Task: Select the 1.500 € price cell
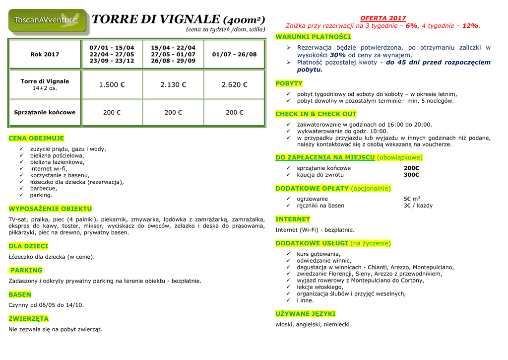[x=112, y=85]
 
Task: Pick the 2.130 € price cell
[x=173, y=85]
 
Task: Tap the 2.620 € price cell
[x=234, y=85]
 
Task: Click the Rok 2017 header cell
[x=45, y=54]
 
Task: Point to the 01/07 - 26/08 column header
[x=234, y=54]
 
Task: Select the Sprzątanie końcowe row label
[x=45, y=112]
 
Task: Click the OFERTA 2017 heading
[x=382, y=18]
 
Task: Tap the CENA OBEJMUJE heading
[x=36, y=138]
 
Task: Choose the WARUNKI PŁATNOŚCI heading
[x=313, y=37]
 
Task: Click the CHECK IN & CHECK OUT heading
[x=316, y=114]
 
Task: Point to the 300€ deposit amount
[x=411, y=175]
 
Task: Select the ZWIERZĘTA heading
[x=29, y=318]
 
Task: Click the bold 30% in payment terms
[x=337, y=55]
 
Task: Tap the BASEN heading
[x=20, y=294]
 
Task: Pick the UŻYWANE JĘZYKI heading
[x=306, y=314]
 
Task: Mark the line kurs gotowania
[x=318, y=254]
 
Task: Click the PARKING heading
[x=26, y=270]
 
